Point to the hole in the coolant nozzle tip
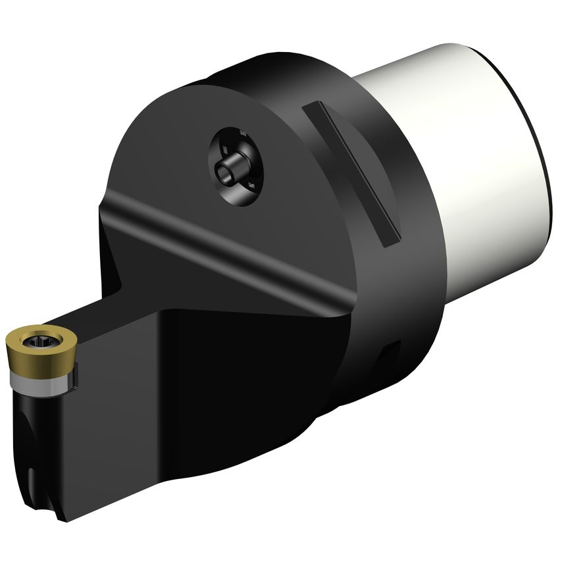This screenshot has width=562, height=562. (x=224, y=173)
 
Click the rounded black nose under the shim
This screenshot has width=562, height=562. (x=30, y=401)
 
